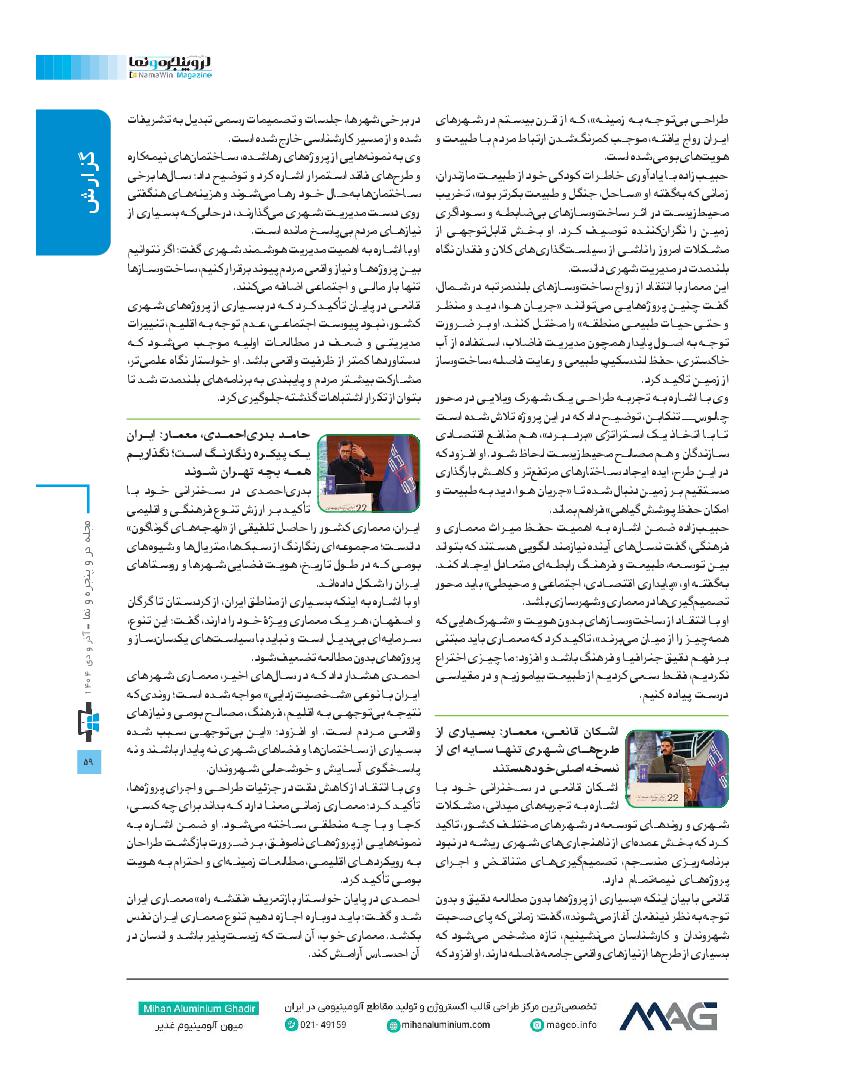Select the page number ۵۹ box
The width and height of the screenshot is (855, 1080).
coord(86,734)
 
